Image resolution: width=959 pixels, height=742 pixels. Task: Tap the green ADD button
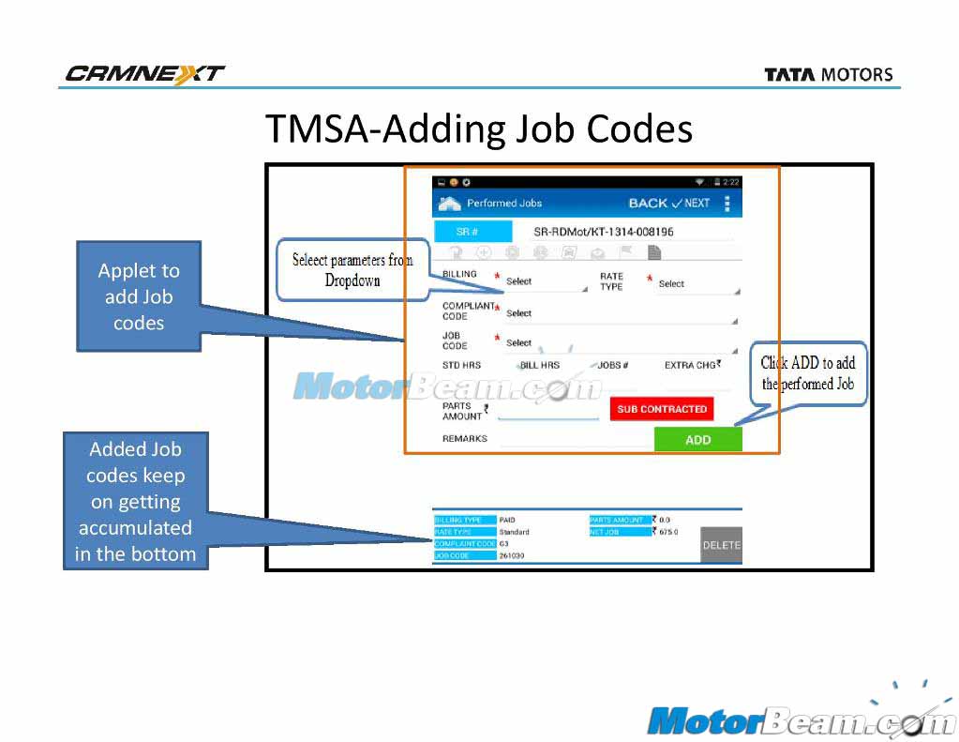pos(697,439)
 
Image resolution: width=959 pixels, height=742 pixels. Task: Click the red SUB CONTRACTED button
pos(661,409)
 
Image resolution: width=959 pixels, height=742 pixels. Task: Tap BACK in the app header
pos(648,204)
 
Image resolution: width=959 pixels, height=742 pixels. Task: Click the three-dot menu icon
pos(727,204)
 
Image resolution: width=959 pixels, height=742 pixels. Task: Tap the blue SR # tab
pos(472,232)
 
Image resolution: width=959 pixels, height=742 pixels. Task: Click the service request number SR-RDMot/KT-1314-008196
pos(603,232)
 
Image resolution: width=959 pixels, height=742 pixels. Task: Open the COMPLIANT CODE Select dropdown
pos(619,313)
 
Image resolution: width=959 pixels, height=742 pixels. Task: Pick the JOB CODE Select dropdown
pos(619,343)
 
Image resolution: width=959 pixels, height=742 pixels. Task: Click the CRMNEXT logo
pos(145,74)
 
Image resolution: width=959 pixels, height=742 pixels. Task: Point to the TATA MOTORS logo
pos(828,75)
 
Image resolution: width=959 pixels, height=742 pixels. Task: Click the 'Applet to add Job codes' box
pos(139,296)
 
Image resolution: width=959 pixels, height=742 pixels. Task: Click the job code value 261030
pos(512,556)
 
